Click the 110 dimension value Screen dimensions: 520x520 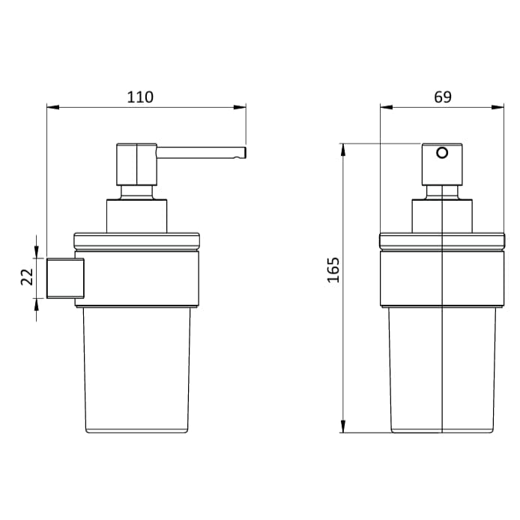click(140, 97)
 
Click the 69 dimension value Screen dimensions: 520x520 click(442, 97)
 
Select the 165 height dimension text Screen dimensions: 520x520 click(333, 270)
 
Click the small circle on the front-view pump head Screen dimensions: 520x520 click(442, 154)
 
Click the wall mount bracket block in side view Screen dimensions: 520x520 click(65, 278)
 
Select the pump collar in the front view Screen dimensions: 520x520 click(442, 216)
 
